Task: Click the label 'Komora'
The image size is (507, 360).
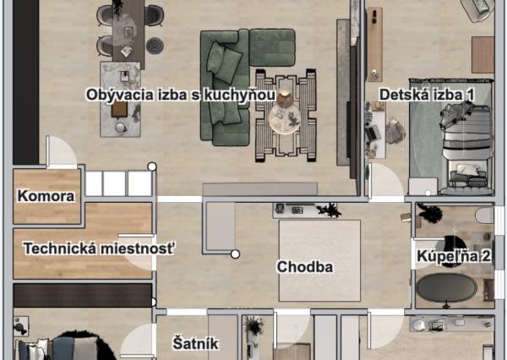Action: tap(46, 197)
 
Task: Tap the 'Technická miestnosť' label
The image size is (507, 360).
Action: tap(99, 248)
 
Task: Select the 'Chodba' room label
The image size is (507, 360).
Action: tap(305, 267)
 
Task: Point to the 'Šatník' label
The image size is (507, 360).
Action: tap(196, 343)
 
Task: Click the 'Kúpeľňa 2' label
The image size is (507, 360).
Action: tap(450, 254)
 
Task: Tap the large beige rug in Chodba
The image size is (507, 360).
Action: tap(319, 259)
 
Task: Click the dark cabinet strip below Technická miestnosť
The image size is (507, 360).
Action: tap(83, 295)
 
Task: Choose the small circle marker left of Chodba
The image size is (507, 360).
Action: tap(236, 254)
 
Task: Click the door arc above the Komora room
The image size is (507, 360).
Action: tap(60, 153)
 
